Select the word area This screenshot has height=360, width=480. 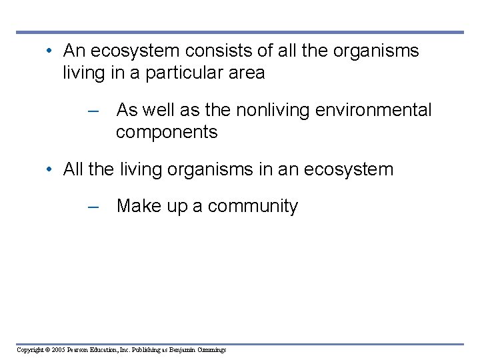pos(245,73)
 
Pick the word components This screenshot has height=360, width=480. pos(167,132)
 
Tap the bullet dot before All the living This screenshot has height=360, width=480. pos(50,170)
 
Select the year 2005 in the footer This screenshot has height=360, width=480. pos(61,349)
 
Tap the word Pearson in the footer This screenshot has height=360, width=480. pos(83,349)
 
